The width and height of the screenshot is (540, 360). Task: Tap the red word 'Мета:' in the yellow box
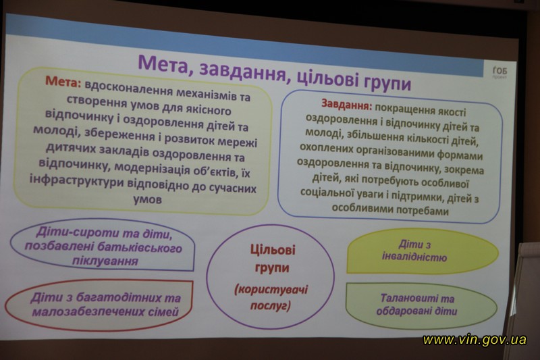pos(63,81)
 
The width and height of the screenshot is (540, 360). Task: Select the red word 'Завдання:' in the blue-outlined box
pos(347,104)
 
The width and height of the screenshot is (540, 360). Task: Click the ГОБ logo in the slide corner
pos(500,72)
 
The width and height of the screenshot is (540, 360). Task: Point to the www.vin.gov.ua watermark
pos(475,340)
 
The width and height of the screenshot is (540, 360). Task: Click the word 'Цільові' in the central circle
pos(273,249)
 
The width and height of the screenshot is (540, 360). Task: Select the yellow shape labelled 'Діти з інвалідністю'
pos(423,251)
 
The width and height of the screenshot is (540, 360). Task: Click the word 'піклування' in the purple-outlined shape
pos(105,261)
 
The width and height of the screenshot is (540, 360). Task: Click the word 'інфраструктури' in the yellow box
pos(76,181)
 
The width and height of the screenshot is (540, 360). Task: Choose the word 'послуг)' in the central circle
pos(271,305)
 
